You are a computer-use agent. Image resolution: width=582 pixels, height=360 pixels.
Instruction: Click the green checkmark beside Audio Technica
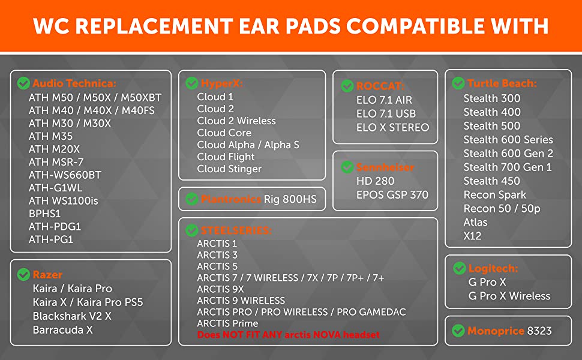[23, 83]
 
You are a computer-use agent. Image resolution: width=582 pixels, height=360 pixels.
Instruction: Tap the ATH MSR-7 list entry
[56, 162]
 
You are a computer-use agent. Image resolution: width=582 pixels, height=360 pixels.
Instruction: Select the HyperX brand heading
[221, 83]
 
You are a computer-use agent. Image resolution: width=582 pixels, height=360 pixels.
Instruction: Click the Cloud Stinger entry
[229, 169]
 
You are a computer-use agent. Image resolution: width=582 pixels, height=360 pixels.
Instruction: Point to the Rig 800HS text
[290, 199]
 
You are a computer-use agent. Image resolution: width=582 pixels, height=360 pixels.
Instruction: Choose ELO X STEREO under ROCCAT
[393, 127]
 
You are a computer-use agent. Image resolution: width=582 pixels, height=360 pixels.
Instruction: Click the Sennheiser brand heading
[385, 167]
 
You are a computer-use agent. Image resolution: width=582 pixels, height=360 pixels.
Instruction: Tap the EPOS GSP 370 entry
[392, 195]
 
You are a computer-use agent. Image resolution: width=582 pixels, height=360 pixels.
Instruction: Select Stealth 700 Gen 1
[508, 167]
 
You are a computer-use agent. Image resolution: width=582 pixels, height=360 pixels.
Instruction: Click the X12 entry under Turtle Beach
[472, 236]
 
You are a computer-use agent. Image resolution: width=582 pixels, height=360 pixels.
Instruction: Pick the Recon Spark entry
[495, 195]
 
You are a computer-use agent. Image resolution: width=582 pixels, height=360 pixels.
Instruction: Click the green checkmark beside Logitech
[460, 268]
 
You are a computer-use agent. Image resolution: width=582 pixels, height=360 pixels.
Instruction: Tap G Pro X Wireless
[509, 296]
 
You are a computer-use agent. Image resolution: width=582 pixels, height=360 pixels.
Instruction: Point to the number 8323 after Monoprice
[539, 331]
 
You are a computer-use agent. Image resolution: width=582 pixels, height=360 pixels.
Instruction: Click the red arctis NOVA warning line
[289, 335]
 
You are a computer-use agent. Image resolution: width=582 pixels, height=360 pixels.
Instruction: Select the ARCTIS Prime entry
[227, 323]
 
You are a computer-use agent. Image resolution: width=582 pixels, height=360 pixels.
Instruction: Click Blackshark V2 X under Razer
[72, 316]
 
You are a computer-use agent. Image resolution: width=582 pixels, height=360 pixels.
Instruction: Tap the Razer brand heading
[47, 275]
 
